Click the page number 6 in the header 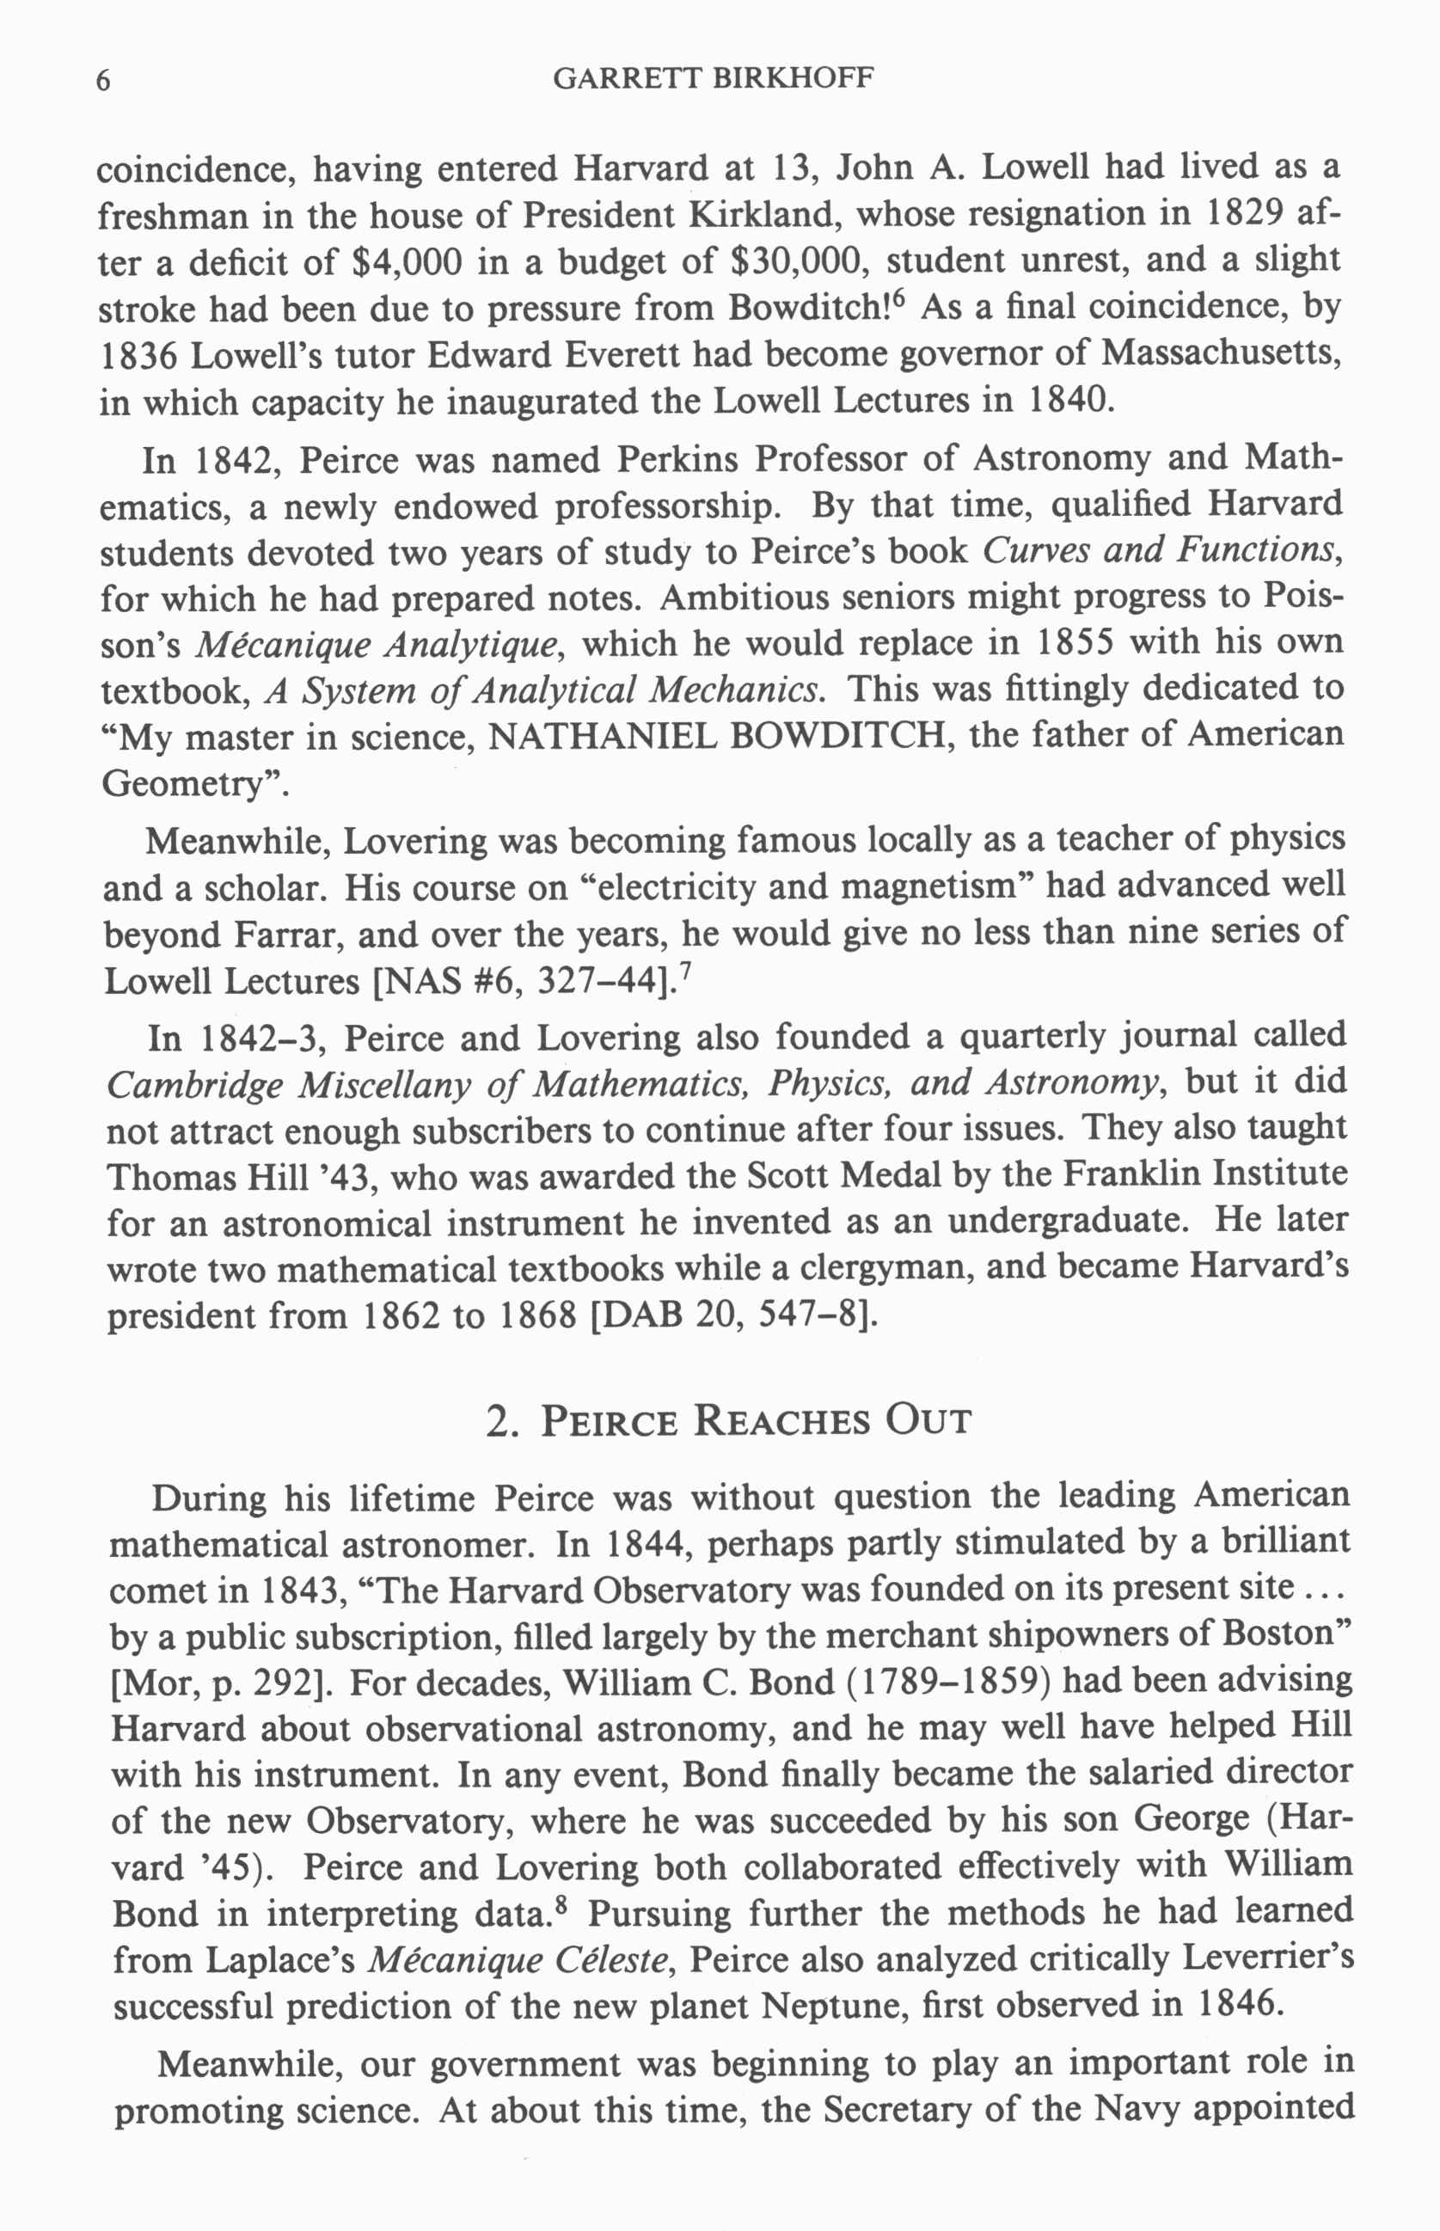pyautogui.click(x=104, y=82)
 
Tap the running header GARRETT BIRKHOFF pyautogui.click(x=713, y=78)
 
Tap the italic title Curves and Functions pyautogui.click(x=1156, y=551)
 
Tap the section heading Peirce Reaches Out pyautogui.click(x=729, y=1421)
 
